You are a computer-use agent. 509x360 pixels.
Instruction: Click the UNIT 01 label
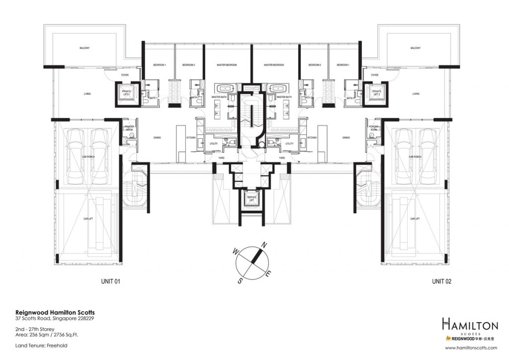[111, 281]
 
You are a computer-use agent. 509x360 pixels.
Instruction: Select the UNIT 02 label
[441, 281]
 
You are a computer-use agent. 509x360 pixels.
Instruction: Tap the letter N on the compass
[265, 244]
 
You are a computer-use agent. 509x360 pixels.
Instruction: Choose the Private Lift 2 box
[377, 93]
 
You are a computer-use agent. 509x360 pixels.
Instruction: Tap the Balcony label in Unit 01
[84, 48]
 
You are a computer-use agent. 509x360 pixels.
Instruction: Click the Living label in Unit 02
[416, 93]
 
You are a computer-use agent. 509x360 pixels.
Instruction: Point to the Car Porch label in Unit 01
[88, 157]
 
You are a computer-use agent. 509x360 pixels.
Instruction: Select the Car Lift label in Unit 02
[416, 218]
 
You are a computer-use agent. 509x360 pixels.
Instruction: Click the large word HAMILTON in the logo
[470, 326]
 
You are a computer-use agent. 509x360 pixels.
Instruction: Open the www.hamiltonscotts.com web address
[472, 349]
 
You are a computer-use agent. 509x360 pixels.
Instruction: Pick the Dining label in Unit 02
[346, 137]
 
